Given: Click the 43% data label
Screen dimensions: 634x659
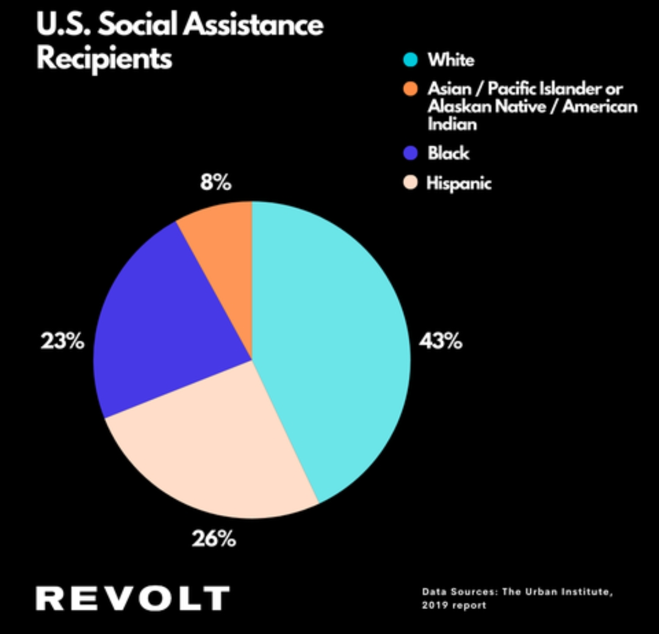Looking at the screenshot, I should (x=440, y=342).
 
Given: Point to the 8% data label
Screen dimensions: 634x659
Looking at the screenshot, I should (x=216, y=182).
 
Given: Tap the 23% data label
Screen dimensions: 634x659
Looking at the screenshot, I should (x=62, y=342).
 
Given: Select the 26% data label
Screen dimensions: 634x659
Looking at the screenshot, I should (x=214, y=539).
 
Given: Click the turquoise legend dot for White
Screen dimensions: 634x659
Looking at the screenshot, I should (x=411, y=60).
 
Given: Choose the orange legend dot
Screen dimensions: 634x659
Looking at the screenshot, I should (x=411, y=90).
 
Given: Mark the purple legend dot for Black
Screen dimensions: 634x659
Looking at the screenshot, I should (x=411, y=153).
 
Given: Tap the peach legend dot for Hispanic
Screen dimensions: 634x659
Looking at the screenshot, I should (x=411, y=183).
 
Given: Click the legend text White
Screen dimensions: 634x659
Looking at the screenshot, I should (x=450, y=60).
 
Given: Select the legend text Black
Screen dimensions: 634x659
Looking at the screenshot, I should (x=448, y=153).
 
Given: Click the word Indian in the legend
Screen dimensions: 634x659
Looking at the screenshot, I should (x=452, y=124).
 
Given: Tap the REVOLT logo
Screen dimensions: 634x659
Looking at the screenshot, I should (x=132, y=598).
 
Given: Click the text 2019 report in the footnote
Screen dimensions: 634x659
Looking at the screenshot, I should (x=454, y=605).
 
